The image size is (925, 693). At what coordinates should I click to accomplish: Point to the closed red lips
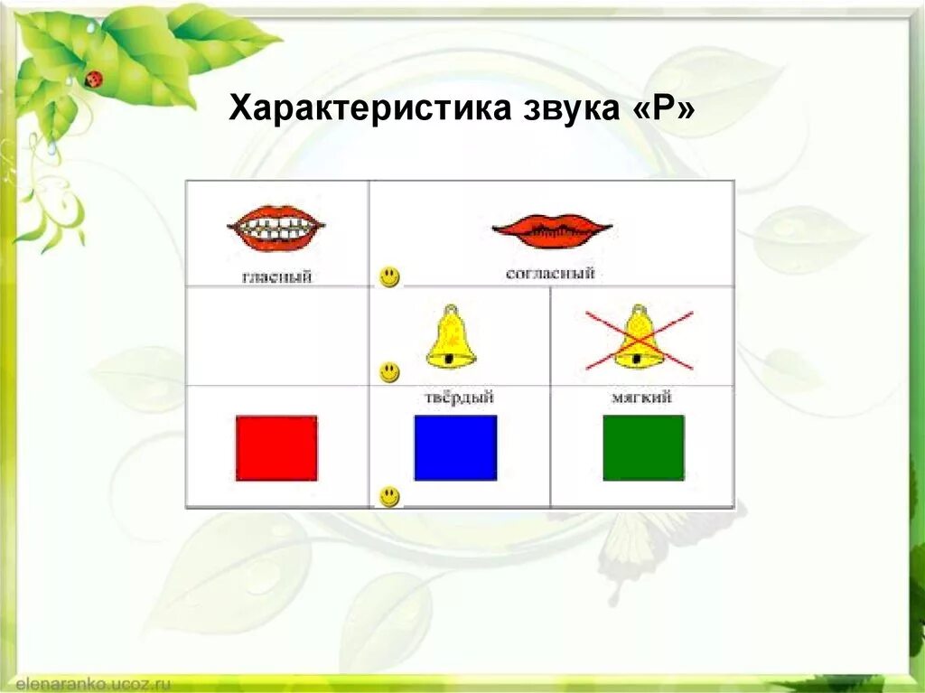point(552,230)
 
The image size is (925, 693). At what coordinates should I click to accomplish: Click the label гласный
point(276,276)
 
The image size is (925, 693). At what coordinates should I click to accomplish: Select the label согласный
point(550,273)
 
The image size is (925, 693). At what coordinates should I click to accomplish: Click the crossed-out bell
point(639,338)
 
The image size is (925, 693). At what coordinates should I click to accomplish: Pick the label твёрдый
point(459,398)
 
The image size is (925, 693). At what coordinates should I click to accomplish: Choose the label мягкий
point(642,397)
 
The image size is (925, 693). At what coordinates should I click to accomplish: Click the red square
point(276,448)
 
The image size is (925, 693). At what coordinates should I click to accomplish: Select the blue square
point(455,447)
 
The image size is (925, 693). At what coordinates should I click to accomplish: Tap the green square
point(643,447)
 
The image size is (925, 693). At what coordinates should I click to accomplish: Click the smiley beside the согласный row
point(389,276)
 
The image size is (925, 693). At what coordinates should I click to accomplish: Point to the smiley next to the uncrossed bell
point(389,371)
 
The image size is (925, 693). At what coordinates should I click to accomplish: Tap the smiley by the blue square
point(389,496)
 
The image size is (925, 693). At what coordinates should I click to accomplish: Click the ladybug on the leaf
point(94,79)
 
